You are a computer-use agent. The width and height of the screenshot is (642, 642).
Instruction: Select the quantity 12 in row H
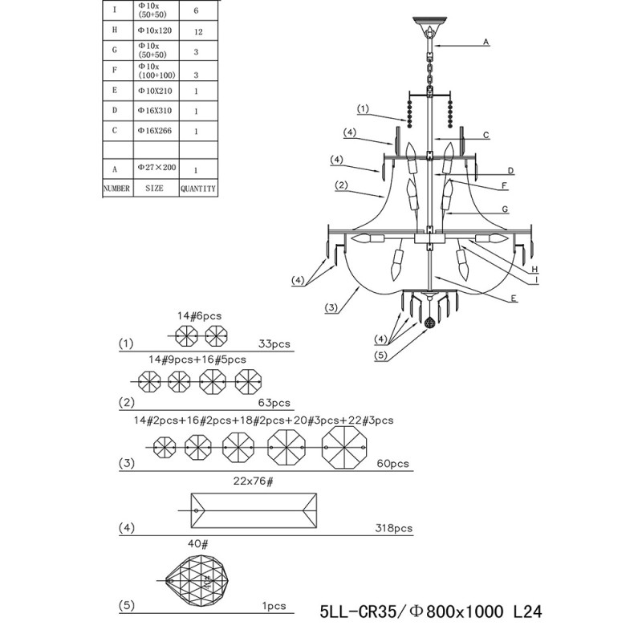pyautogui.click(x=197, y=30)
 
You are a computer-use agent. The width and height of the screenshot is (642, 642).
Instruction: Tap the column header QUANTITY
pyautogui.click(x=197, y=189)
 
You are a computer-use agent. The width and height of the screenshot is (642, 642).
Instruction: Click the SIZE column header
pyautogui.click(x=153, y=189)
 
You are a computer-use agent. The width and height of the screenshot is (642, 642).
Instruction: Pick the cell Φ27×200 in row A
pyautogui.click(x=156, y=168)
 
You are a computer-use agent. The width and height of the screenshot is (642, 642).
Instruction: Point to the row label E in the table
pyautogui.click(x=116, y=91)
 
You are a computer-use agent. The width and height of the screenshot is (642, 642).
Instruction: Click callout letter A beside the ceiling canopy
pyautogui.click(x=486, y=42)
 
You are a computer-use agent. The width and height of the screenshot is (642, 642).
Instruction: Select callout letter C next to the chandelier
pyautogui.click(x=486, y=136)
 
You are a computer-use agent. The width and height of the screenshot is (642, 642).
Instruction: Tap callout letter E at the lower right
pyautogui.click(x=512, y=298)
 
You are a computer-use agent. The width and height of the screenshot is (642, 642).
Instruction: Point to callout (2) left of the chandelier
pyautogui.click(x=340, y=185)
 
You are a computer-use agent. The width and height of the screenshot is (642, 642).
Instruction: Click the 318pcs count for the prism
pyautogui.click(x=393, y=529)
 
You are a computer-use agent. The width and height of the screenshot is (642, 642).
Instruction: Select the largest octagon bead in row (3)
pyautogui.click(x=343, y=446)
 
